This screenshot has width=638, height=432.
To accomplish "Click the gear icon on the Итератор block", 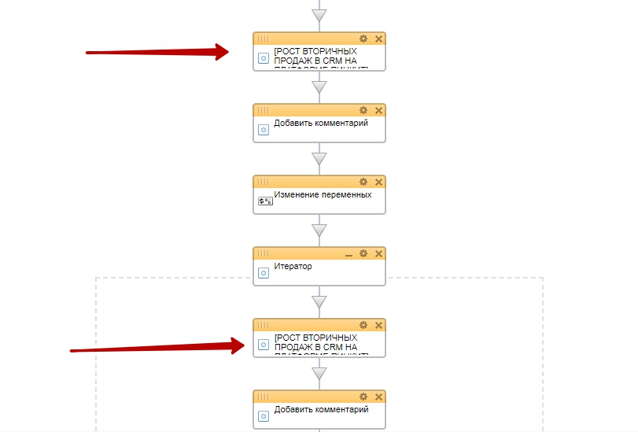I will pos(363,253).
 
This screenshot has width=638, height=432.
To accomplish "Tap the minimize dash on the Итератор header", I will pos(349,254).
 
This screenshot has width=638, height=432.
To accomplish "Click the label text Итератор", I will pos(293,266).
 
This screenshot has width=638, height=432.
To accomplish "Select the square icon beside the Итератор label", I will pos(264,273).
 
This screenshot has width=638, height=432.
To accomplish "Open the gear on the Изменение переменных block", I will pos(363,182).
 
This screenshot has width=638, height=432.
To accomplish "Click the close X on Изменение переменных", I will pos(378,182).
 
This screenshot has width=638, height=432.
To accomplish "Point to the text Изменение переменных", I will pos(323,194).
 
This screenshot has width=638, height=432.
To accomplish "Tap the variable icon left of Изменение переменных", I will pos(264,201).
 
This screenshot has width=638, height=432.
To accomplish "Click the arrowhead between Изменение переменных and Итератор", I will pos(319,231).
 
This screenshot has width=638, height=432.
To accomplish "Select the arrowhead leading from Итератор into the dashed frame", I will pos(319,302).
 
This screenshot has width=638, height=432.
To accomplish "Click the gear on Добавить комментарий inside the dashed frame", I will pos(363,397).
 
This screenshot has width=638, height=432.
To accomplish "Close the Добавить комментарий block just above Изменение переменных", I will pos(378,110).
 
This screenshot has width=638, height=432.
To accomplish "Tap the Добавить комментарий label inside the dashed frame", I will pos(321,409).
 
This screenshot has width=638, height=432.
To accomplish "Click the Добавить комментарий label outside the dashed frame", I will pos(321,123).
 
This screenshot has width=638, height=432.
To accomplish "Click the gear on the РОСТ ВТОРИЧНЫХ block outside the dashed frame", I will pos(363,39).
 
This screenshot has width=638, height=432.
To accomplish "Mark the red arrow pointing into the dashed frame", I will pos(157,347).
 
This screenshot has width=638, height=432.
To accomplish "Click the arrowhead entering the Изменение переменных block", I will pos(319,159).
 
